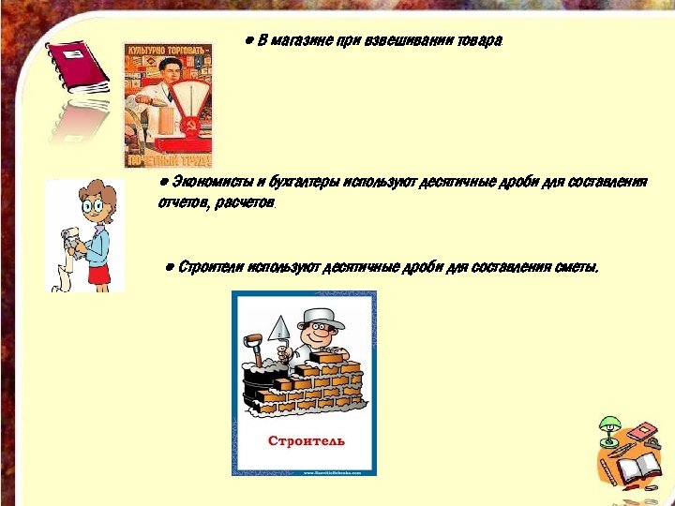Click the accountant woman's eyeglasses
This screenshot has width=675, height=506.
tap(93, 204)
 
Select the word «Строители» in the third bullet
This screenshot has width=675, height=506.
tap(211, 267)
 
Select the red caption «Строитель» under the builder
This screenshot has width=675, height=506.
tap(307, 440)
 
